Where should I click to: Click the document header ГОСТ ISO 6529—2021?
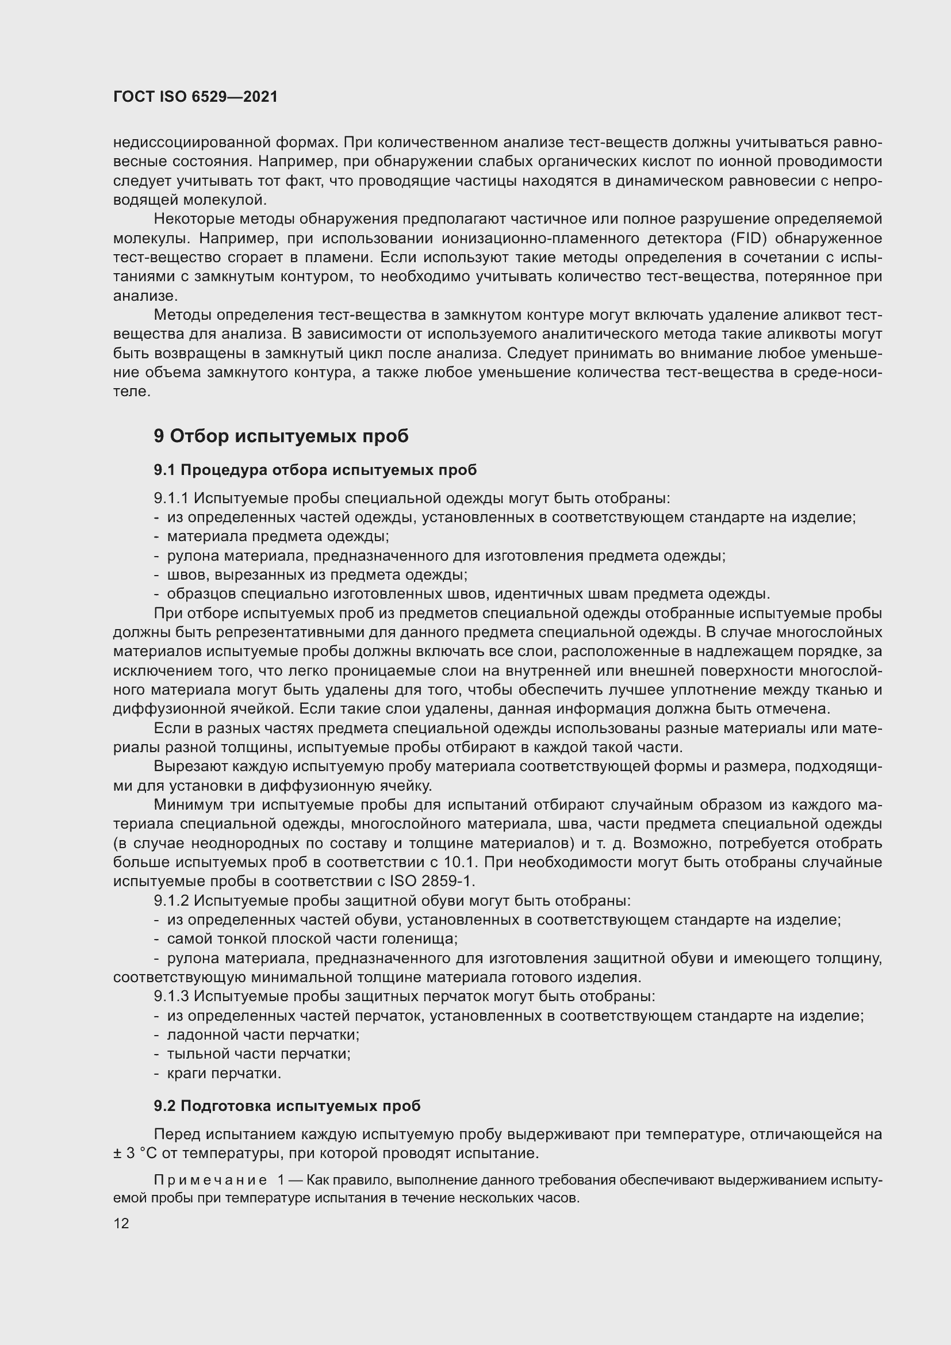click(x=195, y=97)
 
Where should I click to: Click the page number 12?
click(x=121, y=1223)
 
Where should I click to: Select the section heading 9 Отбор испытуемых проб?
click(x=281, y=436)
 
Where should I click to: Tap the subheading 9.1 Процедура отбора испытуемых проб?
click(x=315, y=470)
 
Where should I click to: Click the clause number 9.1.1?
click(x=171, y=499)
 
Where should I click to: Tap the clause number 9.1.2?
click(x=171, y=901)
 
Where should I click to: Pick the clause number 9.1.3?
click(x=171, y=996)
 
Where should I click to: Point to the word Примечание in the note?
click(x=210, y=1180)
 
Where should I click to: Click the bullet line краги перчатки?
click(x=224, y=1073)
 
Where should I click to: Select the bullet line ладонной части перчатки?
click(x=263, y=1034)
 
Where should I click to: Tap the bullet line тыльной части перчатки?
click(x=258, y=1054)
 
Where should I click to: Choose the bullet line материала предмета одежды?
click(x=278, y=537)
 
